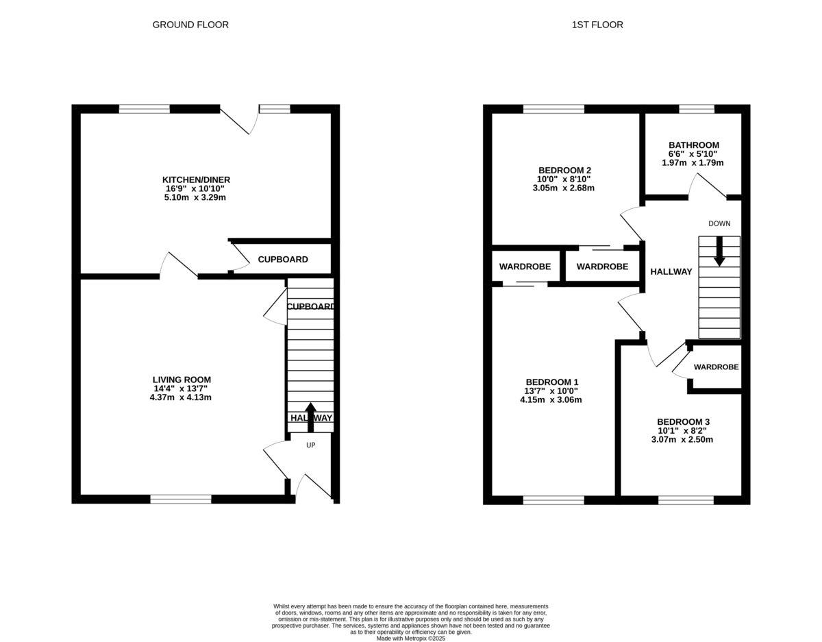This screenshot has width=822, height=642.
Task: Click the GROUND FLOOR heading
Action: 190,25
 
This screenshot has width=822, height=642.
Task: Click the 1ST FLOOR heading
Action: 597,25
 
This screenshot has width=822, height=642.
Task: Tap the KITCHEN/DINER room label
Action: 191,180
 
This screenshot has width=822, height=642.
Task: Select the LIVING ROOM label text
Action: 182,380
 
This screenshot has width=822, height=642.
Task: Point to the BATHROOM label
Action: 694,145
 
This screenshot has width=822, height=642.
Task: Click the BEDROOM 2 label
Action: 564,171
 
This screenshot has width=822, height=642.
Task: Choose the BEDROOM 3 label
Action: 683,422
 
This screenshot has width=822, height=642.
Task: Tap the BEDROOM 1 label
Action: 552,382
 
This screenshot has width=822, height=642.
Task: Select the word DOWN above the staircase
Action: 719,223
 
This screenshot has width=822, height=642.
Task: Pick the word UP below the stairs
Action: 310,445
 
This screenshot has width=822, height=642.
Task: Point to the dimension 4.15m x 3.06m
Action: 551,399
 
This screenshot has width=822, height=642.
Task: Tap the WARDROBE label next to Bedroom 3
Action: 716,367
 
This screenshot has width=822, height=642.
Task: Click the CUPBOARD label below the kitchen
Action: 283,260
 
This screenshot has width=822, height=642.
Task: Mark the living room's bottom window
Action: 181,499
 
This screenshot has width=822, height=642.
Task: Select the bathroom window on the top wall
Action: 697,108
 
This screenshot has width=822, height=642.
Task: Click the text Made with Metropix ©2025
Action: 411,638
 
